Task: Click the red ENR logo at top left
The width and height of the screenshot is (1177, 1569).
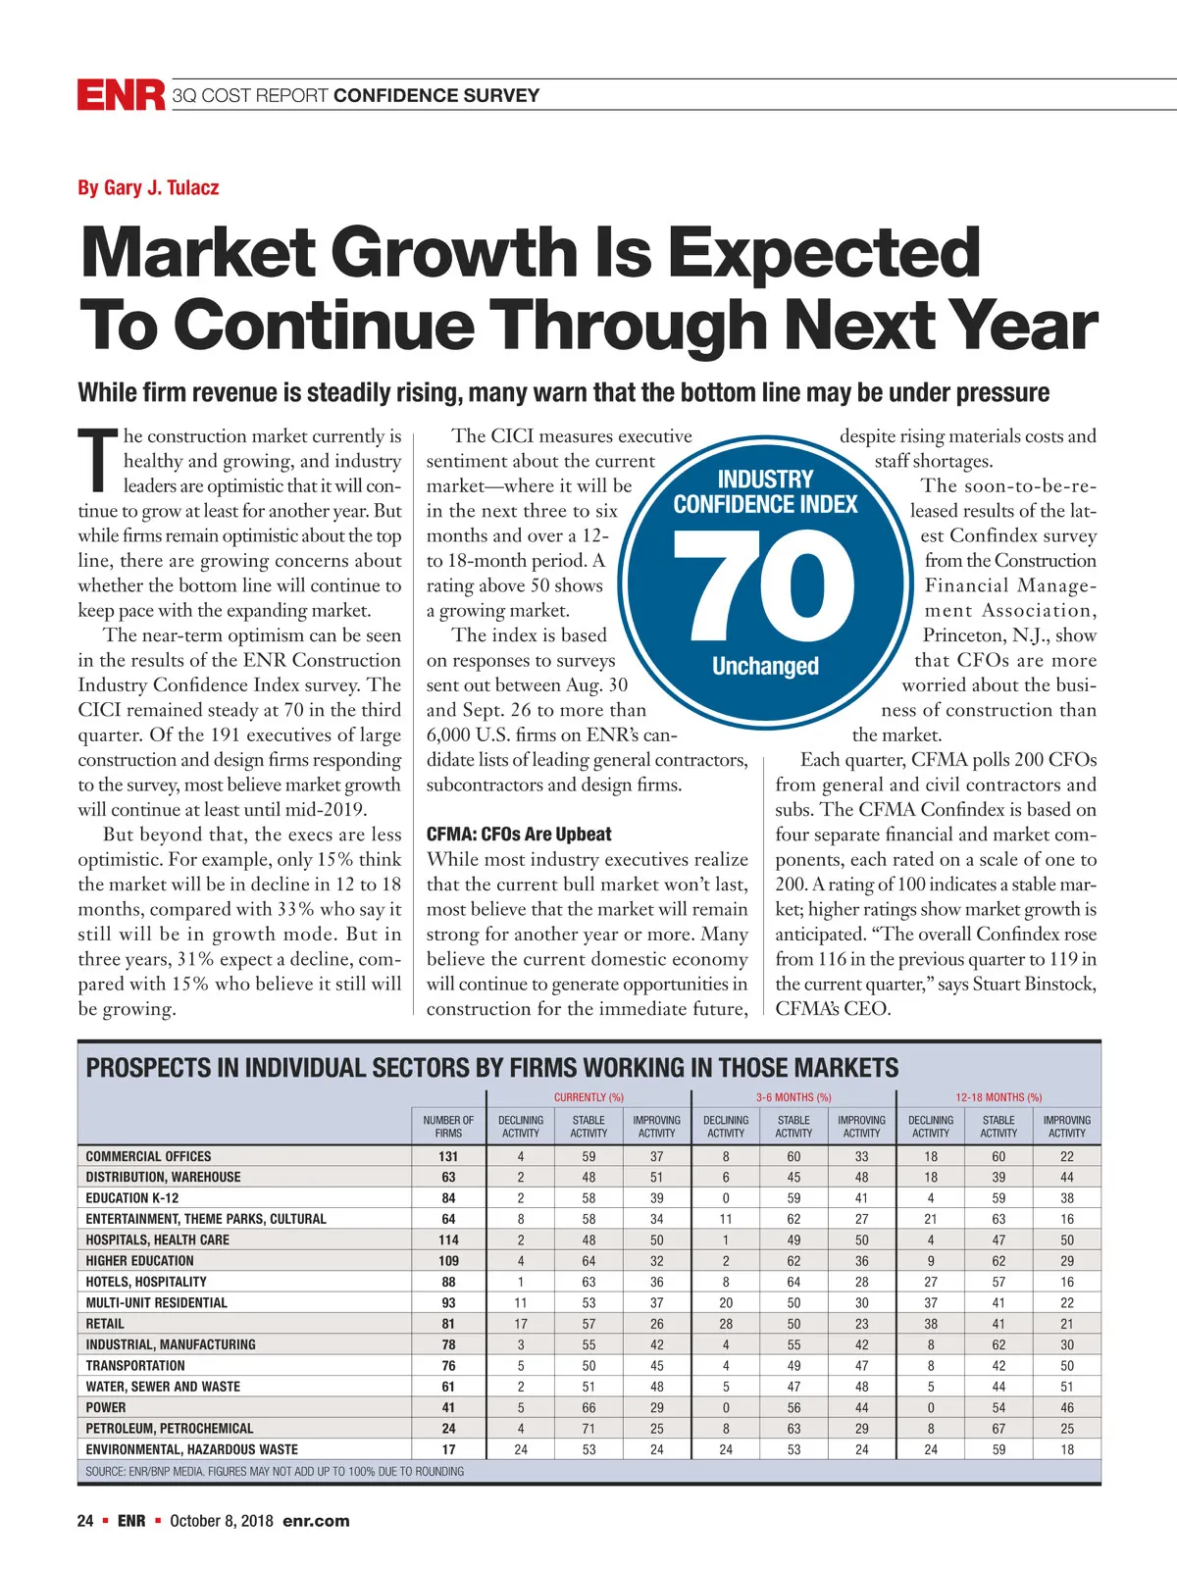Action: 121,95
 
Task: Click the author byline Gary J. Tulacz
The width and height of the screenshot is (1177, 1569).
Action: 148,187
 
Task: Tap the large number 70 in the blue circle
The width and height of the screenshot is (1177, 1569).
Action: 765,585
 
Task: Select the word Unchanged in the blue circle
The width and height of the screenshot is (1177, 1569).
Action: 765,666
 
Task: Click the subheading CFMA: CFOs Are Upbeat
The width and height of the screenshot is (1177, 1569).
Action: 518,835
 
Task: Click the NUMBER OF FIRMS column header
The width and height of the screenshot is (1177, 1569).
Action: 448,1126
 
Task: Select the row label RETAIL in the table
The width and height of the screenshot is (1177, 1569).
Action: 105,1324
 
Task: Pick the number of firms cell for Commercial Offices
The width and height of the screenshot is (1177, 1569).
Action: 448,1156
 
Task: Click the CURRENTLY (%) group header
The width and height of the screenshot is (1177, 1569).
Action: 588,1097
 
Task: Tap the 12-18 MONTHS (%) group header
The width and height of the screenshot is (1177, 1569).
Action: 998,1097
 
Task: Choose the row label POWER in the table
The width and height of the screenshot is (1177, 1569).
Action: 106,1407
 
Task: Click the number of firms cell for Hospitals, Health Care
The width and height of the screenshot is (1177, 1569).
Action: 448,1240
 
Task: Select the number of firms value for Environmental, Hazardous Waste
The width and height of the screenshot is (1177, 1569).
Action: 448,1449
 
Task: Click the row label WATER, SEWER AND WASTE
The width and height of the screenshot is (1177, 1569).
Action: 163,1387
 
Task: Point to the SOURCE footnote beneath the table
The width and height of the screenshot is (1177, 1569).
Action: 275,1471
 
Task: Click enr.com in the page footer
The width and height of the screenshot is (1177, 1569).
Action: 316,1521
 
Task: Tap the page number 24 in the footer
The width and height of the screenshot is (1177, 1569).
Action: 85,1521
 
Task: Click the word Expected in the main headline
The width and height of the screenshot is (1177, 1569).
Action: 825,252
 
